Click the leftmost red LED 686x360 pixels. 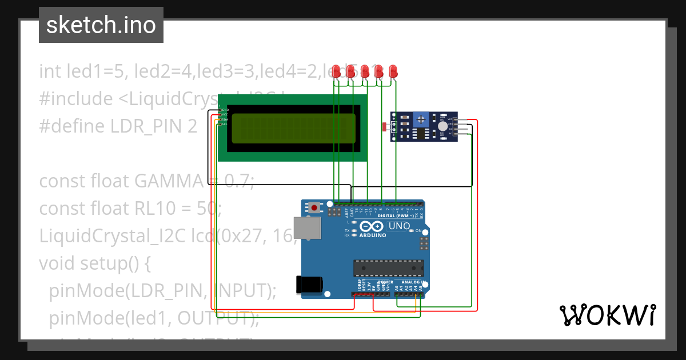click(x=337, y=71)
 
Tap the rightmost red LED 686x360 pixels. click(x=393, y=71)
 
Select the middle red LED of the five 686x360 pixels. click(x=365, y=71)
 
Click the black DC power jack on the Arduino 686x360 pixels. click(x=309, y=283)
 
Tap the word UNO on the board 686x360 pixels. click(x=399, y=226)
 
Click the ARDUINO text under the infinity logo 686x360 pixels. click(x=372, y=235)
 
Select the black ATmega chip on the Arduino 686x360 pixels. click(x=388, y=267)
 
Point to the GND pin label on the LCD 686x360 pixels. click(x=225, y=109)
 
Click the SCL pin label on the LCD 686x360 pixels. click(x=225, y=124)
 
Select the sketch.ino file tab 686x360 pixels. click(x=101, y=25)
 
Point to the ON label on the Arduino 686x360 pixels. click(x=418, y=231)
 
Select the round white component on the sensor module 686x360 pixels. click(x=443, y=126)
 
